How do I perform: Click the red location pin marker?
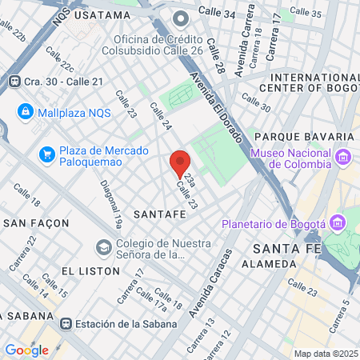(x=180, y=164)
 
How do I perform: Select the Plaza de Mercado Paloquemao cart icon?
(x=47, y=153)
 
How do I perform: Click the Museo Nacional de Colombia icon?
(x=344, y=156)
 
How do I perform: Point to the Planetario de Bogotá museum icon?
(x=337, y=222)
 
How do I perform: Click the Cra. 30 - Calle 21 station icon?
(x=14, y=81)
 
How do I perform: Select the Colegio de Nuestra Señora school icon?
(x=103, y=246)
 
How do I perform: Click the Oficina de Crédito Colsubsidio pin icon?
(x=181, y=17)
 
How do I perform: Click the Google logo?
(x=26, y=350)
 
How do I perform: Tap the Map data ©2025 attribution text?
(x=326, y=354)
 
